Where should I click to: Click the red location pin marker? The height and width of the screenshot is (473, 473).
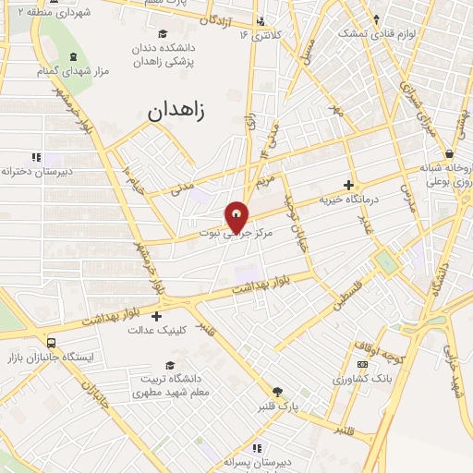pos(237,217)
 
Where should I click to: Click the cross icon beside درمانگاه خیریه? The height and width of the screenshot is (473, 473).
pos(348,185)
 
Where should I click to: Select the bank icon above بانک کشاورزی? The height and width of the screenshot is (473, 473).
pos(360,364)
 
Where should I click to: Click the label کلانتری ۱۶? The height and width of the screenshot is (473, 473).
pos(259,35)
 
